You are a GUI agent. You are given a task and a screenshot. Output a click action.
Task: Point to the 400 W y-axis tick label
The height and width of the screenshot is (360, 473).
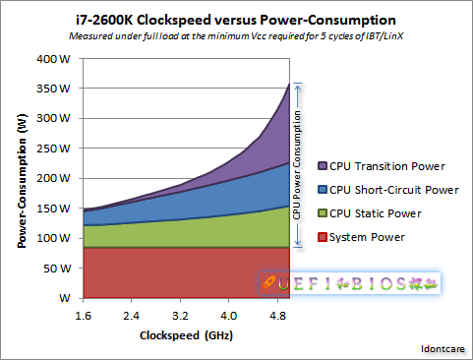[x=50, y=58]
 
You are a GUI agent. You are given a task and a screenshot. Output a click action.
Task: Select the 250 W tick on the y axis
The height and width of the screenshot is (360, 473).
[x=50, y=148]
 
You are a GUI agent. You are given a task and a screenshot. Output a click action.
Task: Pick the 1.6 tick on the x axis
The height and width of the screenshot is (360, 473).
[x=83, y=317]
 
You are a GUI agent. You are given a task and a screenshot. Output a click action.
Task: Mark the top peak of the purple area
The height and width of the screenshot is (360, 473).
[x=289, y=83]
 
